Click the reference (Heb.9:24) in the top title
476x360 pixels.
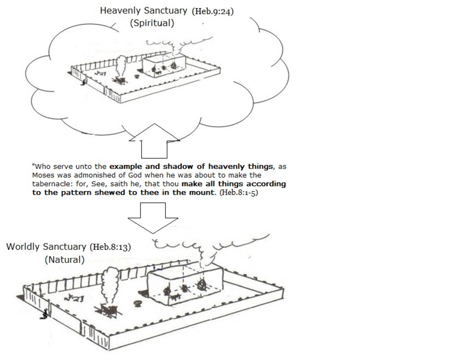coord(213,12)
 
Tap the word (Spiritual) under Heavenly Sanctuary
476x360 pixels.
coord(152,23)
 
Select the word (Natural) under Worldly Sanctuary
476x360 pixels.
coord(65,260)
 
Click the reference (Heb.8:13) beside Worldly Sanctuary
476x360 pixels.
coord(111,247)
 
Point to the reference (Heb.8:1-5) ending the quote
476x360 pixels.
coord(239,193)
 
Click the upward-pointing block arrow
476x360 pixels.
coord(154,141)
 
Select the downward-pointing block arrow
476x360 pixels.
coord(153,218)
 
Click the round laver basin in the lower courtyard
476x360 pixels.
coord(137,304)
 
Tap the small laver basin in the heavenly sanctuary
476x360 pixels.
coord(137,76)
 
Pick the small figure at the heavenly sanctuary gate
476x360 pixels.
coord(84,82)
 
